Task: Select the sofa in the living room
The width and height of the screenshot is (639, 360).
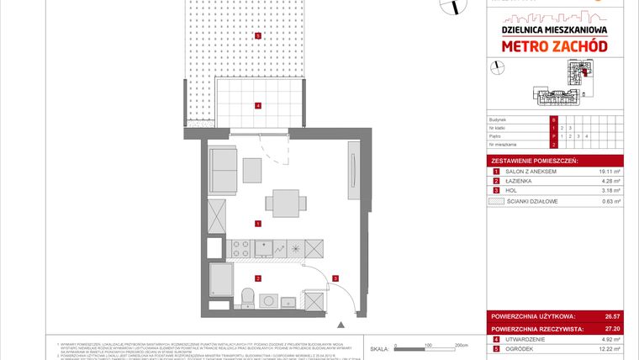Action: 223,170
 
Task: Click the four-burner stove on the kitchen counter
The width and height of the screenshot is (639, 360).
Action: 240,248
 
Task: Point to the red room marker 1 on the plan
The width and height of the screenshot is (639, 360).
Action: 258,223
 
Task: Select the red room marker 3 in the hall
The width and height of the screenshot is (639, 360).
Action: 335,278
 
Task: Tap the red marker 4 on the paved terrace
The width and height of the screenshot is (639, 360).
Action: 258,105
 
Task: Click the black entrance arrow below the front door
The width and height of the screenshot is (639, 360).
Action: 340,323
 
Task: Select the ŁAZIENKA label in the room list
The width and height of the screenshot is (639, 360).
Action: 516,181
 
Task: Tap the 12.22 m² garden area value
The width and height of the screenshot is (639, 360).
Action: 610,349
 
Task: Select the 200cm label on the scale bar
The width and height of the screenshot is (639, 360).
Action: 461,346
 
